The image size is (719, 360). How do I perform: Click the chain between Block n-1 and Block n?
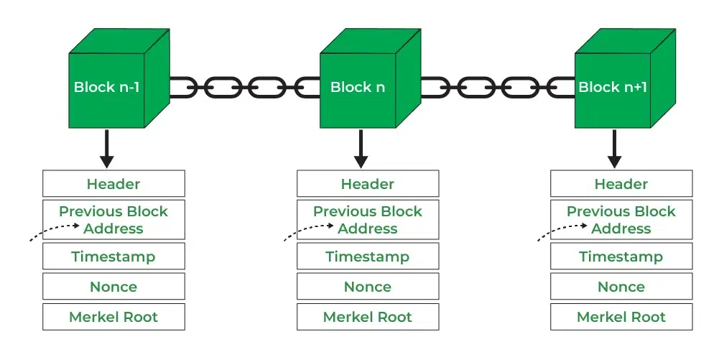click(244, 88)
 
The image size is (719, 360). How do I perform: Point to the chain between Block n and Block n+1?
click(498, 88)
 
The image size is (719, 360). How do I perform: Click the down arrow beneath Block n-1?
click(107, 147)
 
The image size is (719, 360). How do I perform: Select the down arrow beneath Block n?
click(361, 147)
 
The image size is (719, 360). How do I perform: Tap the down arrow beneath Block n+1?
click(615, 147)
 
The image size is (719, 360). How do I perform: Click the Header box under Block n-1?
click(113, 184)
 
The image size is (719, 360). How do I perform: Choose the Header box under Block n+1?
click(621, 184)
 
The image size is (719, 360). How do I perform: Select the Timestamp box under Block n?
click(368, 257)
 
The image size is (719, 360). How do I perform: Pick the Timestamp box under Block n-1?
click(113, 257)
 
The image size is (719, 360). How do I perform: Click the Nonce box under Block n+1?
click(621, 287)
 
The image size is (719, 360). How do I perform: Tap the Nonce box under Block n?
click(368, 287)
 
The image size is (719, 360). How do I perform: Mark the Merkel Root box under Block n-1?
click(113, 317)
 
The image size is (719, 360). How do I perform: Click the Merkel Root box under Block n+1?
click(621, 317)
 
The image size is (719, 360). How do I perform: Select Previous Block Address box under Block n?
click(368, 220)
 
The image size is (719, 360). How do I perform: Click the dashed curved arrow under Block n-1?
click(54, 231)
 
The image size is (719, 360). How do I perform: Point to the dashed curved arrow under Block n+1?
click(562, 231)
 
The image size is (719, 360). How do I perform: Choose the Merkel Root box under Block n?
click(368, 317)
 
